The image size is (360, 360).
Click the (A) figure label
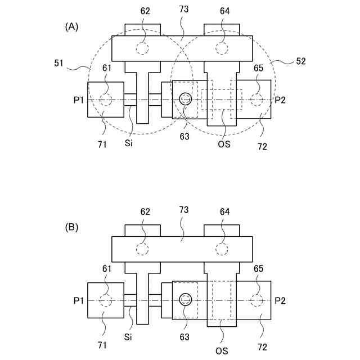click(x=71, y=26)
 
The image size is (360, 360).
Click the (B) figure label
click(x=71, y=227)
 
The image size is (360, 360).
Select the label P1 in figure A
click(x=79, y=100)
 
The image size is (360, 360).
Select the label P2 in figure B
click(x=280, y=300)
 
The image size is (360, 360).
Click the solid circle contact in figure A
click(x=186, y=99)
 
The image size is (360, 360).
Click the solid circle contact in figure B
click(x=186, y=300)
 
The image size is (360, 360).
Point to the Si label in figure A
click(x=129, y=143)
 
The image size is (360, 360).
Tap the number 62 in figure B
click(x=145, y=212)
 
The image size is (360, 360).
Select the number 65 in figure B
click(x=258, y=269)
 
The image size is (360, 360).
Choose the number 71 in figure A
click(x=102, y=145)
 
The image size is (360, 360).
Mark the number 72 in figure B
click(x=262, y=347)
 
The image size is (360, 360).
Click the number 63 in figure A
click(x=184, y=135)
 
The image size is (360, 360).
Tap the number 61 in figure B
click(x=106, y=269)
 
